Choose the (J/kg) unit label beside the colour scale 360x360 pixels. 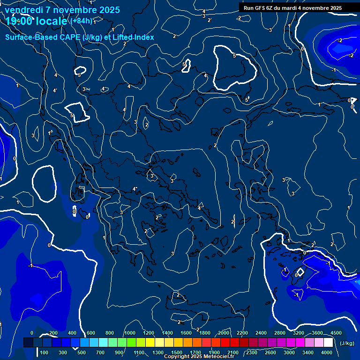[347, 343]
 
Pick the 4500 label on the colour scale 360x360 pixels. [336, 333]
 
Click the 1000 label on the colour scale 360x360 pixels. [130, 333]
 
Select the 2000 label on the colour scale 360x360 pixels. [224, 333]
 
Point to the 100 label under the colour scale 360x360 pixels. [44, 352]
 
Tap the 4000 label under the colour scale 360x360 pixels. [327, 352]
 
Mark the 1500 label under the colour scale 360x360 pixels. [177, 352]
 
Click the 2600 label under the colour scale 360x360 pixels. [270, 352]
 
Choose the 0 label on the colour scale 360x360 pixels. [32, 333]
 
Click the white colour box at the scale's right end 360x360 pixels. [328, 343]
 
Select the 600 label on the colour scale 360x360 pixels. [91, 333]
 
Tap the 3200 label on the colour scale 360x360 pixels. [299, 333]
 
